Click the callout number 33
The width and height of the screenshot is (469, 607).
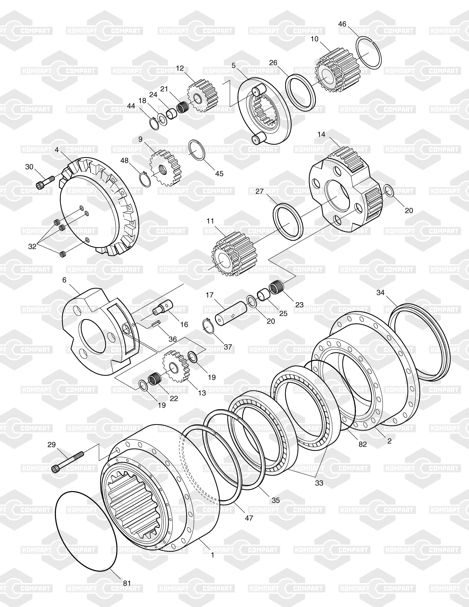click(x=319, y=483)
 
